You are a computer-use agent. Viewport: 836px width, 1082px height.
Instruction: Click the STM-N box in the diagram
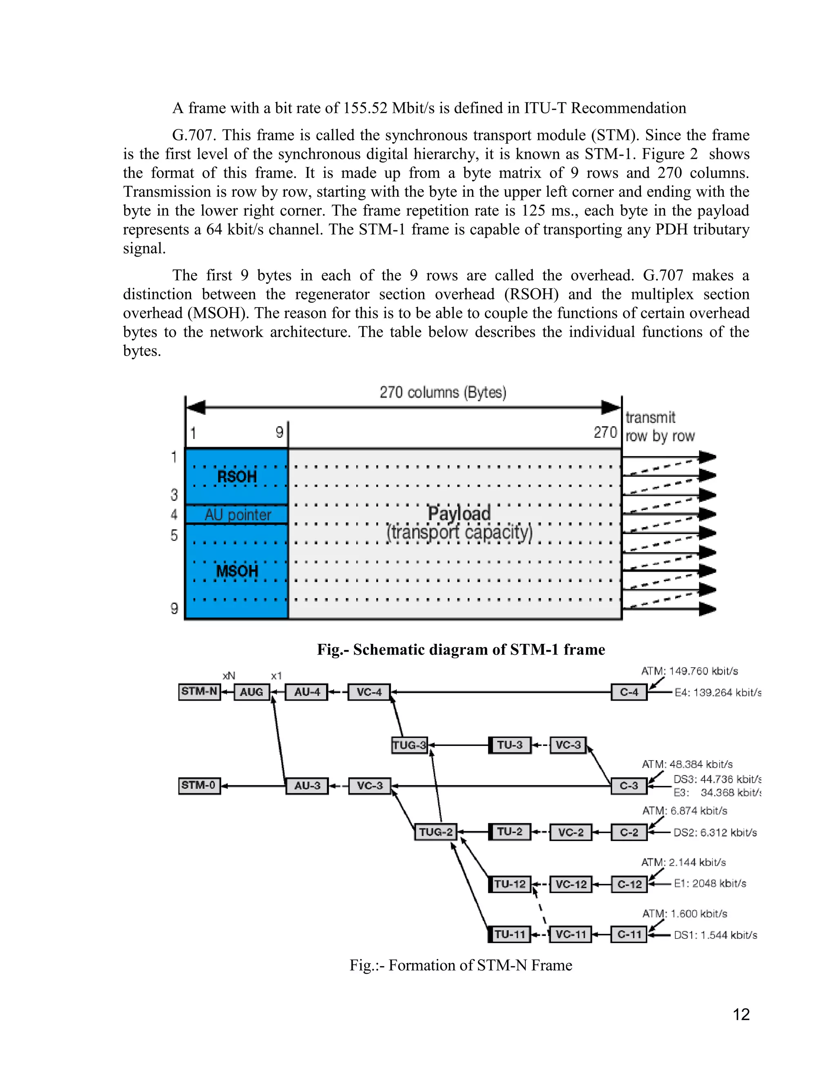[x=199, y=692]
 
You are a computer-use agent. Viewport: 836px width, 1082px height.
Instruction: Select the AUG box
[x=251, y=692]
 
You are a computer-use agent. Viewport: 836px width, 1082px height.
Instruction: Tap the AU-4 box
[x=307, y=692]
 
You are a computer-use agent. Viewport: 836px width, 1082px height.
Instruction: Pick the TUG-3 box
[x=409, y=745]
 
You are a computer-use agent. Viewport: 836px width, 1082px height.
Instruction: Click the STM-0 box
[x=199, y=785]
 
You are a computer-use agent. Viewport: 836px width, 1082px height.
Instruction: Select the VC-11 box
[x=571, y=934]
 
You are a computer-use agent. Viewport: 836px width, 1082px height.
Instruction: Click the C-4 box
[x=629, y=692]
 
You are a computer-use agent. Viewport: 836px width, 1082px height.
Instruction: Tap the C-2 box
[x=629, y=832]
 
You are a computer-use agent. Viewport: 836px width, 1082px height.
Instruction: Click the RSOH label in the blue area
[x=237, y=477]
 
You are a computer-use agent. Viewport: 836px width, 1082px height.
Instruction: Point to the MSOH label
[x=237, y=571]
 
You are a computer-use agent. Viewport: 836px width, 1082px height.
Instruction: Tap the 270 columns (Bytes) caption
[x=443, y=392]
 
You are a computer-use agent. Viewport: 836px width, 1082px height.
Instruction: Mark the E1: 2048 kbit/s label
[x=710, y=883]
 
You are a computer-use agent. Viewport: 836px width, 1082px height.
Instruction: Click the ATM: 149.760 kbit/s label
[x=689, y=671]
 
